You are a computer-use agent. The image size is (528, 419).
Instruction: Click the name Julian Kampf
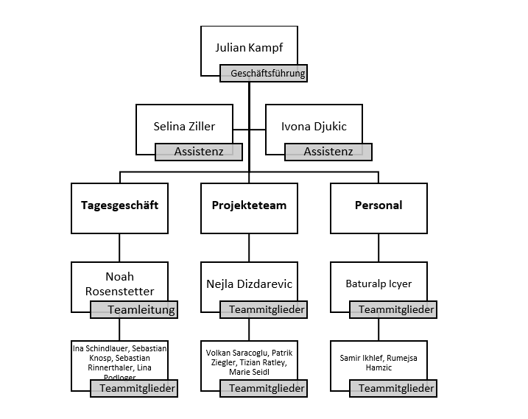(x=249, y=48)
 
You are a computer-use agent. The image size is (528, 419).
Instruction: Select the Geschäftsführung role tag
(x=263, y=74)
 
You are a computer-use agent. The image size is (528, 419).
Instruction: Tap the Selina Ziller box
(x=184, y=127)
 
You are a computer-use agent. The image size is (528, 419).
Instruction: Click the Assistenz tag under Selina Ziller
(x=198, y=152)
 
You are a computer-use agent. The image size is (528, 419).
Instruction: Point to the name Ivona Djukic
(x=314, y=127)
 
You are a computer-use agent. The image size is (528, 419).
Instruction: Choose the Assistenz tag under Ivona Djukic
(x=328, y=152)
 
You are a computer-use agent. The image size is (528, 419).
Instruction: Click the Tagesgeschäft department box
(x=119, y=205)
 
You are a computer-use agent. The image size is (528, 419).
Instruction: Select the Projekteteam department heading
(x=249, y=205)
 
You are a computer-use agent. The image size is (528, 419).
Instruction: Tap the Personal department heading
(x=379, y=205)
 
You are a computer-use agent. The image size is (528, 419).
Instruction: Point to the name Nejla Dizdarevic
(x=249, y=284)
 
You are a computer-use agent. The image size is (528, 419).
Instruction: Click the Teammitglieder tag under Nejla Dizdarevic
(x=263, y=310)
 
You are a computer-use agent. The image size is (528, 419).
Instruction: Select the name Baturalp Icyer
(x=379, y=284)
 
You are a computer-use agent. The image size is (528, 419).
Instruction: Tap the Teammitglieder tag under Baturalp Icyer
(x=393, y=310)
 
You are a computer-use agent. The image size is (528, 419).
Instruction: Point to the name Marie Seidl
(x=249, y=373)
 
